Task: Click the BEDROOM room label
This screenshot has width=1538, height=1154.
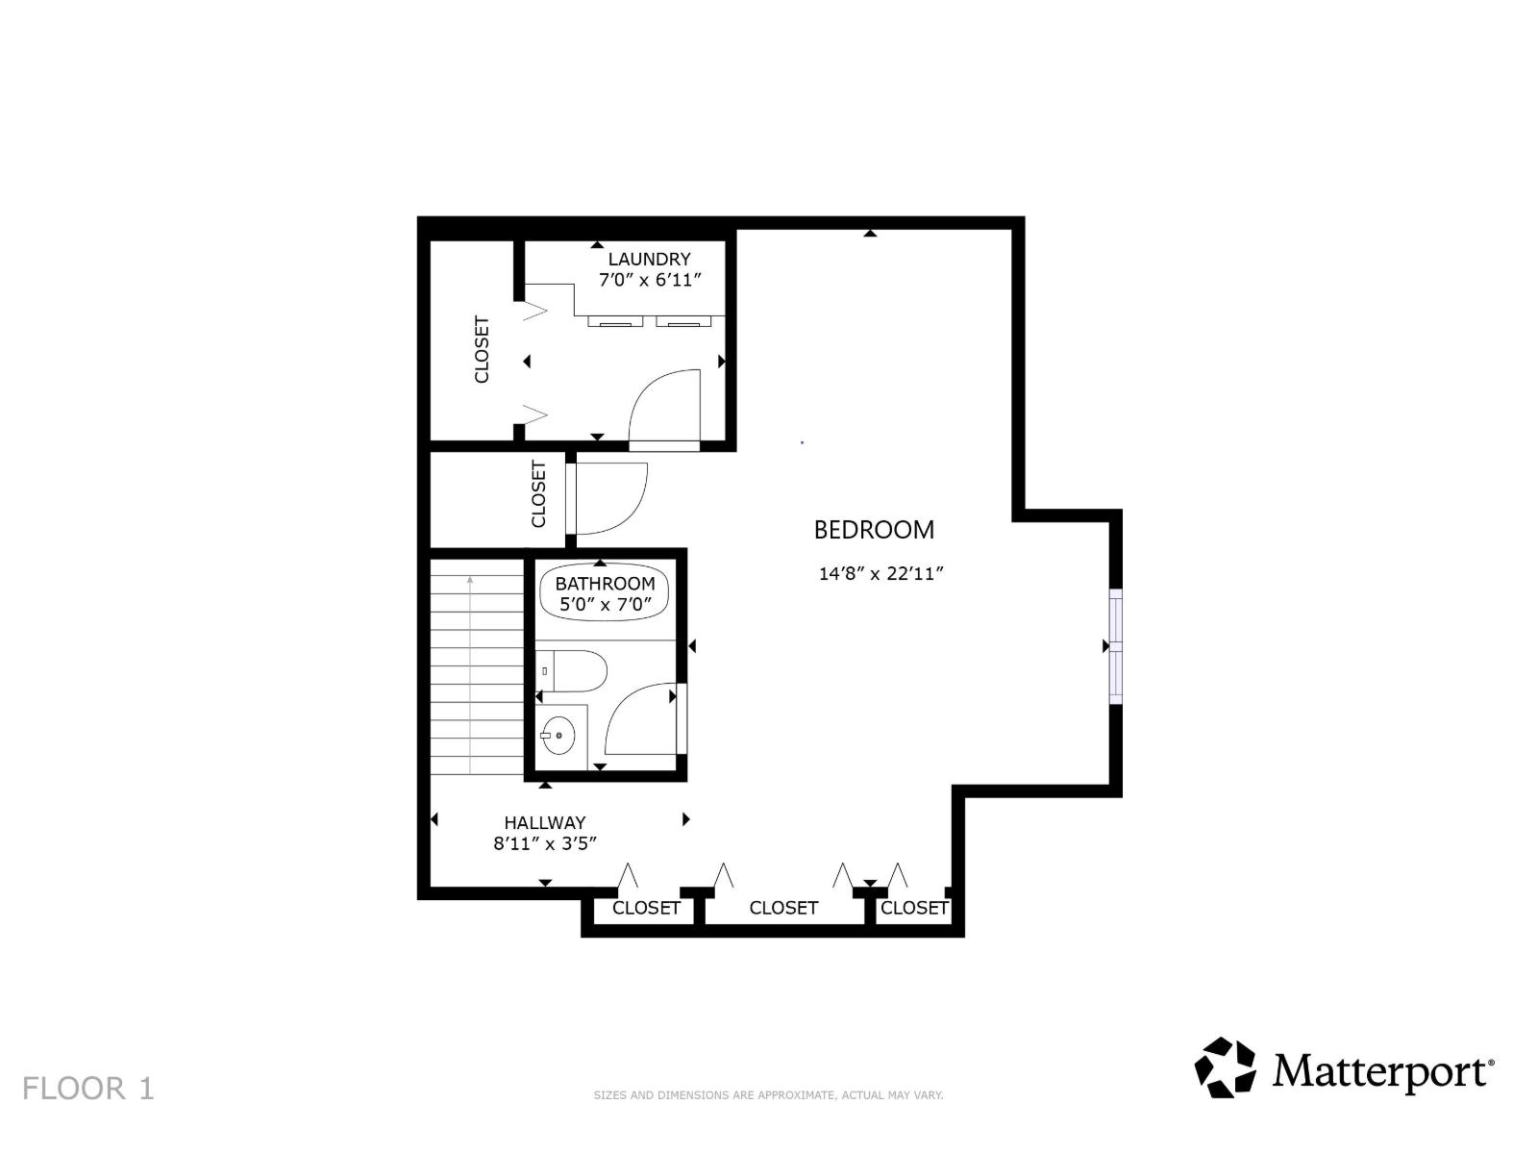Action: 874,530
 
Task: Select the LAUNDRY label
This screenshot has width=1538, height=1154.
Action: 649,259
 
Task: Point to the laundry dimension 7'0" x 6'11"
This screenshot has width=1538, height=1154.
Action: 651,280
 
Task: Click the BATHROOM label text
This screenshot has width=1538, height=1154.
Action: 605,584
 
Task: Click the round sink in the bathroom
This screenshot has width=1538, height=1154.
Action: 558,736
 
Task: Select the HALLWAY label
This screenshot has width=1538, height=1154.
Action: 545,822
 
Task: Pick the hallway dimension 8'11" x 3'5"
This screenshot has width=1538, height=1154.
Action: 546,843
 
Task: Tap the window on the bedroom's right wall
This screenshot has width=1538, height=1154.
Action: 1115,646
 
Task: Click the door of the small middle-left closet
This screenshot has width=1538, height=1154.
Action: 608,498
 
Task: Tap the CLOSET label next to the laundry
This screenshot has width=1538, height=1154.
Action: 482,349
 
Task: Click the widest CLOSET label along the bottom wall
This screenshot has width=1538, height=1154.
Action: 783,908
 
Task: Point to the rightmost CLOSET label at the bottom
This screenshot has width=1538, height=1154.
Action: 914,908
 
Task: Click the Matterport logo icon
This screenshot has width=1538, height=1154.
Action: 1225,1067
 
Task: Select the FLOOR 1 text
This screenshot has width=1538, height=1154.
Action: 87,1089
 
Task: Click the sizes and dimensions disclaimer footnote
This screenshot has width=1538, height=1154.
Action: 768,1095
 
